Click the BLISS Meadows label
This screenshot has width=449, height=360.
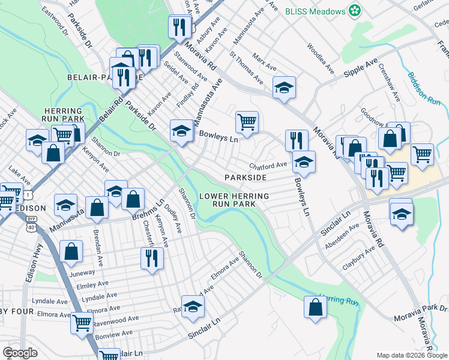(x=316, y=11)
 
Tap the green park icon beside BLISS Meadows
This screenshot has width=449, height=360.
(x=355, y=11)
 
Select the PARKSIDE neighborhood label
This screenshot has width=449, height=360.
(x=245, y=178)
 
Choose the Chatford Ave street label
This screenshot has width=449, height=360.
(x=268, y=166)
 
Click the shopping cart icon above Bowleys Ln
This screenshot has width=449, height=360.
(x=247, y=122)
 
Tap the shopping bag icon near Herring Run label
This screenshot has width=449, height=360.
(x=315, y=307)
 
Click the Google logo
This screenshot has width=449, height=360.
(x=20, y=353)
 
